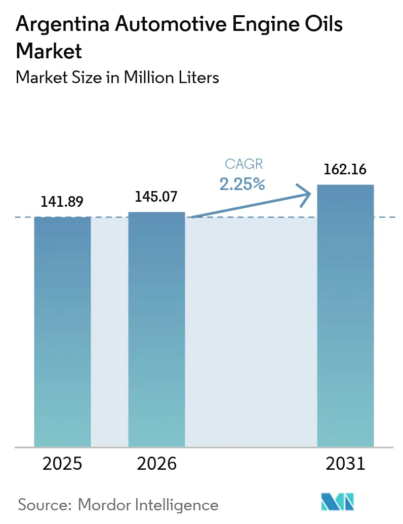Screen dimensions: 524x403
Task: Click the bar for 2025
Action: [x=62, y=331]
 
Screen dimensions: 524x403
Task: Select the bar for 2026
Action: [x=156, y=329]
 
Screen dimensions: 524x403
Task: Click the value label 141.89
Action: [x=62, y=202]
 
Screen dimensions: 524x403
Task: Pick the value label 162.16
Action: [x=346, y=169]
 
